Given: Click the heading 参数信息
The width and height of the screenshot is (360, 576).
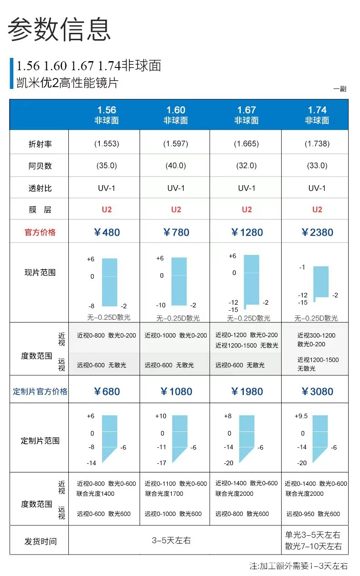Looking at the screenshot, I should tap(59, 30).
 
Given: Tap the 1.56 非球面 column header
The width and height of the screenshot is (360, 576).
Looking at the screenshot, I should tap(107, 115).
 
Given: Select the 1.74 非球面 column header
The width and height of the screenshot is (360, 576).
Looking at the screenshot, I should tap(317, 115).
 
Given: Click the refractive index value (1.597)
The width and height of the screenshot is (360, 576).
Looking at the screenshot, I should tap(176, 144).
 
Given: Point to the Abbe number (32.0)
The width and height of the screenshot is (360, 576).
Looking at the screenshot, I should tap(247, 166).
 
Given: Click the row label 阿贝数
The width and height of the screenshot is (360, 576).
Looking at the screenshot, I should tap(40, 166).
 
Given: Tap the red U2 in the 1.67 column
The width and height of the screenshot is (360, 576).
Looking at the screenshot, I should tap(247, 210).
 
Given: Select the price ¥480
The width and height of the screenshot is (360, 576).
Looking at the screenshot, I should tap(107, 233).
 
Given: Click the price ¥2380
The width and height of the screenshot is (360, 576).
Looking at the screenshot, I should tap(317, 233).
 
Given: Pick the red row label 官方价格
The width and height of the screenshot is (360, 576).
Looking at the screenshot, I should tap(40, 233).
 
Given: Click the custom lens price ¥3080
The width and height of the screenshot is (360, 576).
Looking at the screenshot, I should tap(317, 392).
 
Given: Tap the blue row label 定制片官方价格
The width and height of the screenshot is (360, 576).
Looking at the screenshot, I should tap(40, 392).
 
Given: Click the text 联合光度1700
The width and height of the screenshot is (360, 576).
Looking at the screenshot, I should tap(165, 493).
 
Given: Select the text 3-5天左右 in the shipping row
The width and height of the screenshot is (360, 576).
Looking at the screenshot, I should tap(171, 541).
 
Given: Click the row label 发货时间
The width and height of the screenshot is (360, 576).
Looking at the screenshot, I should tap(40, 542).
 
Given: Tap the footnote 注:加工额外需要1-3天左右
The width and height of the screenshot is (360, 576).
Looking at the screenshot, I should tap(298, 566).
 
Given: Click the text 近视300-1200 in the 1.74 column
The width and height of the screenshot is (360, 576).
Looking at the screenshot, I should tap(316, 335).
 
